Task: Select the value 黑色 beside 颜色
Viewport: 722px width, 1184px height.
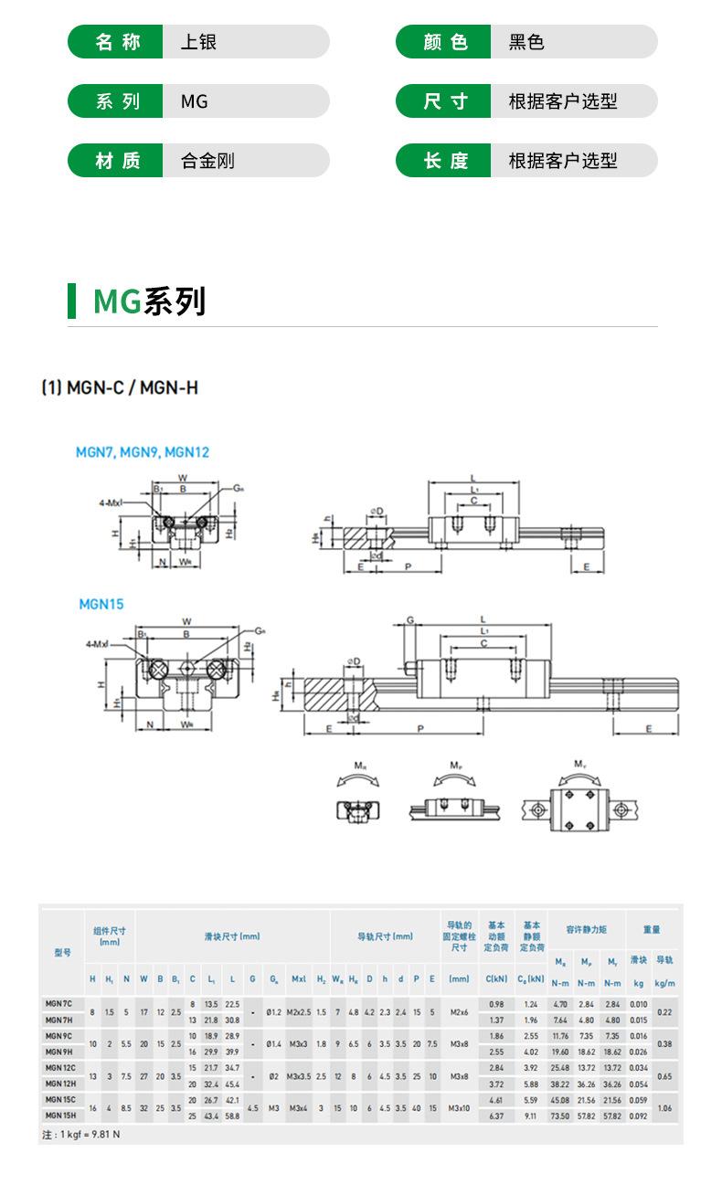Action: [x=526, y=42]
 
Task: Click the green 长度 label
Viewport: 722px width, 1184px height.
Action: [x=445, y=161]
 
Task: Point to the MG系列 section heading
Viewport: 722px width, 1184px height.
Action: [x=149, y=301]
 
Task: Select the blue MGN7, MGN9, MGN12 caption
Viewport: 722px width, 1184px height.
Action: [x=143, y=452]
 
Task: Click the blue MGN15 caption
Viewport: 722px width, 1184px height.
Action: [x=101, y=604]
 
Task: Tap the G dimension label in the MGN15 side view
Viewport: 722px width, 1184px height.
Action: [x=410, y=620]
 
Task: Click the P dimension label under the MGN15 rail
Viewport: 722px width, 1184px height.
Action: [x=419, y=728]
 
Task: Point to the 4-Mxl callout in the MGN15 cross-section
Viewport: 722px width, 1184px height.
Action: [x=98, y=644]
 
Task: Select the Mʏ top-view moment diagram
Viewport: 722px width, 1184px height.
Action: [x=579, y=801]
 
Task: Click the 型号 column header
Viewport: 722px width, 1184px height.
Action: [x=62, y=953]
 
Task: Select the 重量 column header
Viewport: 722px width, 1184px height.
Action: [x=652, y=930]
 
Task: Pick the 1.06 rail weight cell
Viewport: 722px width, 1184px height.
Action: [x=664, y=1107]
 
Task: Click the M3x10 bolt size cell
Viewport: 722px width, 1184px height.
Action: [x=459, y=1107]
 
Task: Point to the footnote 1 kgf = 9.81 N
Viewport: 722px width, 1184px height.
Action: [x=82, y=1134]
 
